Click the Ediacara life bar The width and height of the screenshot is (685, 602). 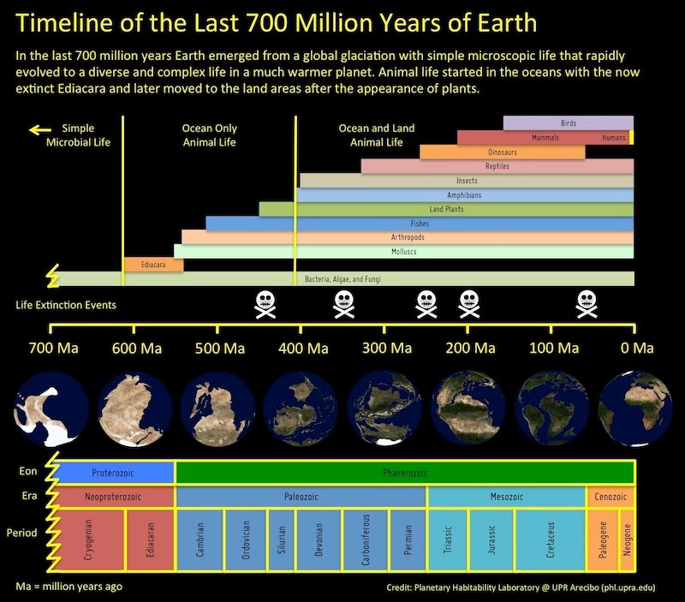click(x=154, y=265)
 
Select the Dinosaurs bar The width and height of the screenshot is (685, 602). click(x=503, y=152)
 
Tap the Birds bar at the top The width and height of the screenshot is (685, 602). click(x=569, y=122)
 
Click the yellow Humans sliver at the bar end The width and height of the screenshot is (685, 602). click(x=632, y=137)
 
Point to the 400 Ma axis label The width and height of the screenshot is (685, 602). click(x=304, y=349)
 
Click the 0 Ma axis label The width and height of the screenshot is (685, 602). click(x=637, y=349)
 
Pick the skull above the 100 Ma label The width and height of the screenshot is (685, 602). click(x=587, y=305)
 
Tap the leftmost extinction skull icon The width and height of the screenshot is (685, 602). click(x=265, y=305)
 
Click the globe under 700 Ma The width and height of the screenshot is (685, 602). click(x=51, y=409)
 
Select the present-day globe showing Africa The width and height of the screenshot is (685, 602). click(x=635, y=409)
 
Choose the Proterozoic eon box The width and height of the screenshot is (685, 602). click(x=114, y=473)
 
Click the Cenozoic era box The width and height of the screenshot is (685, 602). click(x=611, y=497)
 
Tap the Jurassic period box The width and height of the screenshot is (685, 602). click(x=491, y=540)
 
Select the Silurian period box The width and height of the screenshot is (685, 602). click(x=282, y=540)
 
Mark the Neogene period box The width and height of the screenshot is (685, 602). click(x=627, y=540)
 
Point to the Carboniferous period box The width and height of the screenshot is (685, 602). click(x=366, y=540)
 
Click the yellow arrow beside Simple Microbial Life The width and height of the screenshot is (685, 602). click(x=39, y=130)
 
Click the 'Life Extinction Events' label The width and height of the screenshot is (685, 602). click(x=66, y=305)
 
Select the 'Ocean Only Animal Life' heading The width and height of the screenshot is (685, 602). click(x=209, y=135)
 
